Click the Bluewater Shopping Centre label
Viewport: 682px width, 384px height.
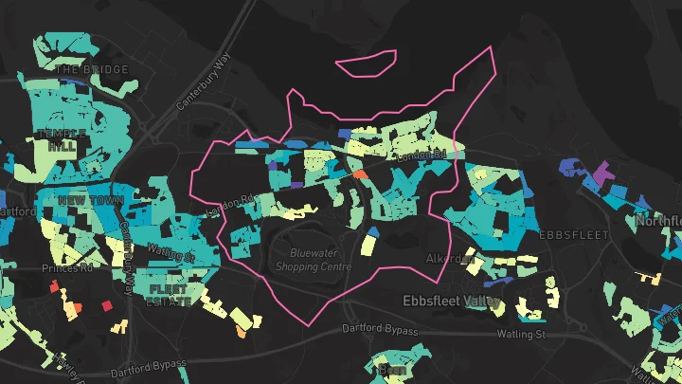pos(313,260)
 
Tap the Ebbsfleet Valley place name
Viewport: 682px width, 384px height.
pos(451,302)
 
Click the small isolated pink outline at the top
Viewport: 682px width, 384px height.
pos(368,64)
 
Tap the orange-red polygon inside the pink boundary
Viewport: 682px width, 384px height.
pos(360,174)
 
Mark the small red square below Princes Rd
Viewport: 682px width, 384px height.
pos(106,304)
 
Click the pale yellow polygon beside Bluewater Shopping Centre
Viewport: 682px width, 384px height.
pos(368,244)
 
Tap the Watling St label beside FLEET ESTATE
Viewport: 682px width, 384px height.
pos(170,252)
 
